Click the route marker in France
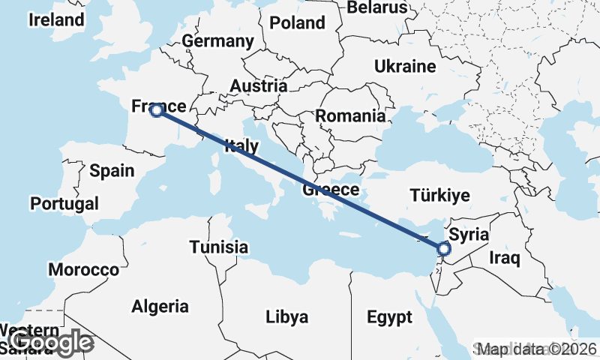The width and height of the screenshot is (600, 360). click(x=156, y=111)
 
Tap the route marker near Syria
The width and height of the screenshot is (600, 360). click(x=443, y=248)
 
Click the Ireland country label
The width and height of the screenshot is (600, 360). click(x=56, y=20)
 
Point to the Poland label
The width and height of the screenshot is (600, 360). click(x=297, y=22)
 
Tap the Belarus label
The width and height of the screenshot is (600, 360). click(x=377, y=7)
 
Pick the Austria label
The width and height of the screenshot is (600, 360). click(x=258, y=85)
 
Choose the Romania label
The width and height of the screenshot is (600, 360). click(x=350, y=115)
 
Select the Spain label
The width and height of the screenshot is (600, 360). click(x=111, y=170)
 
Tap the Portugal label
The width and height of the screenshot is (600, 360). click(x=64, y=203)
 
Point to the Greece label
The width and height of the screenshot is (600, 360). click(x=331, y=190)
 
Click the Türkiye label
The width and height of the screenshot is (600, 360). click(x=440, y=196)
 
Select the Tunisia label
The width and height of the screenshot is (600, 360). click(x=218, y=247)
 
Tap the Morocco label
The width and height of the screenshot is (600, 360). click(x=83, y=269)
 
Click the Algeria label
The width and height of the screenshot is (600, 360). click(x=160, y=306)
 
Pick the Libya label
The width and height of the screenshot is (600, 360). click(x=286, y=317)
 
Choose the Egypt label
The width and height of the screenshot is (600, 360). click(x=389, y=317)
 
